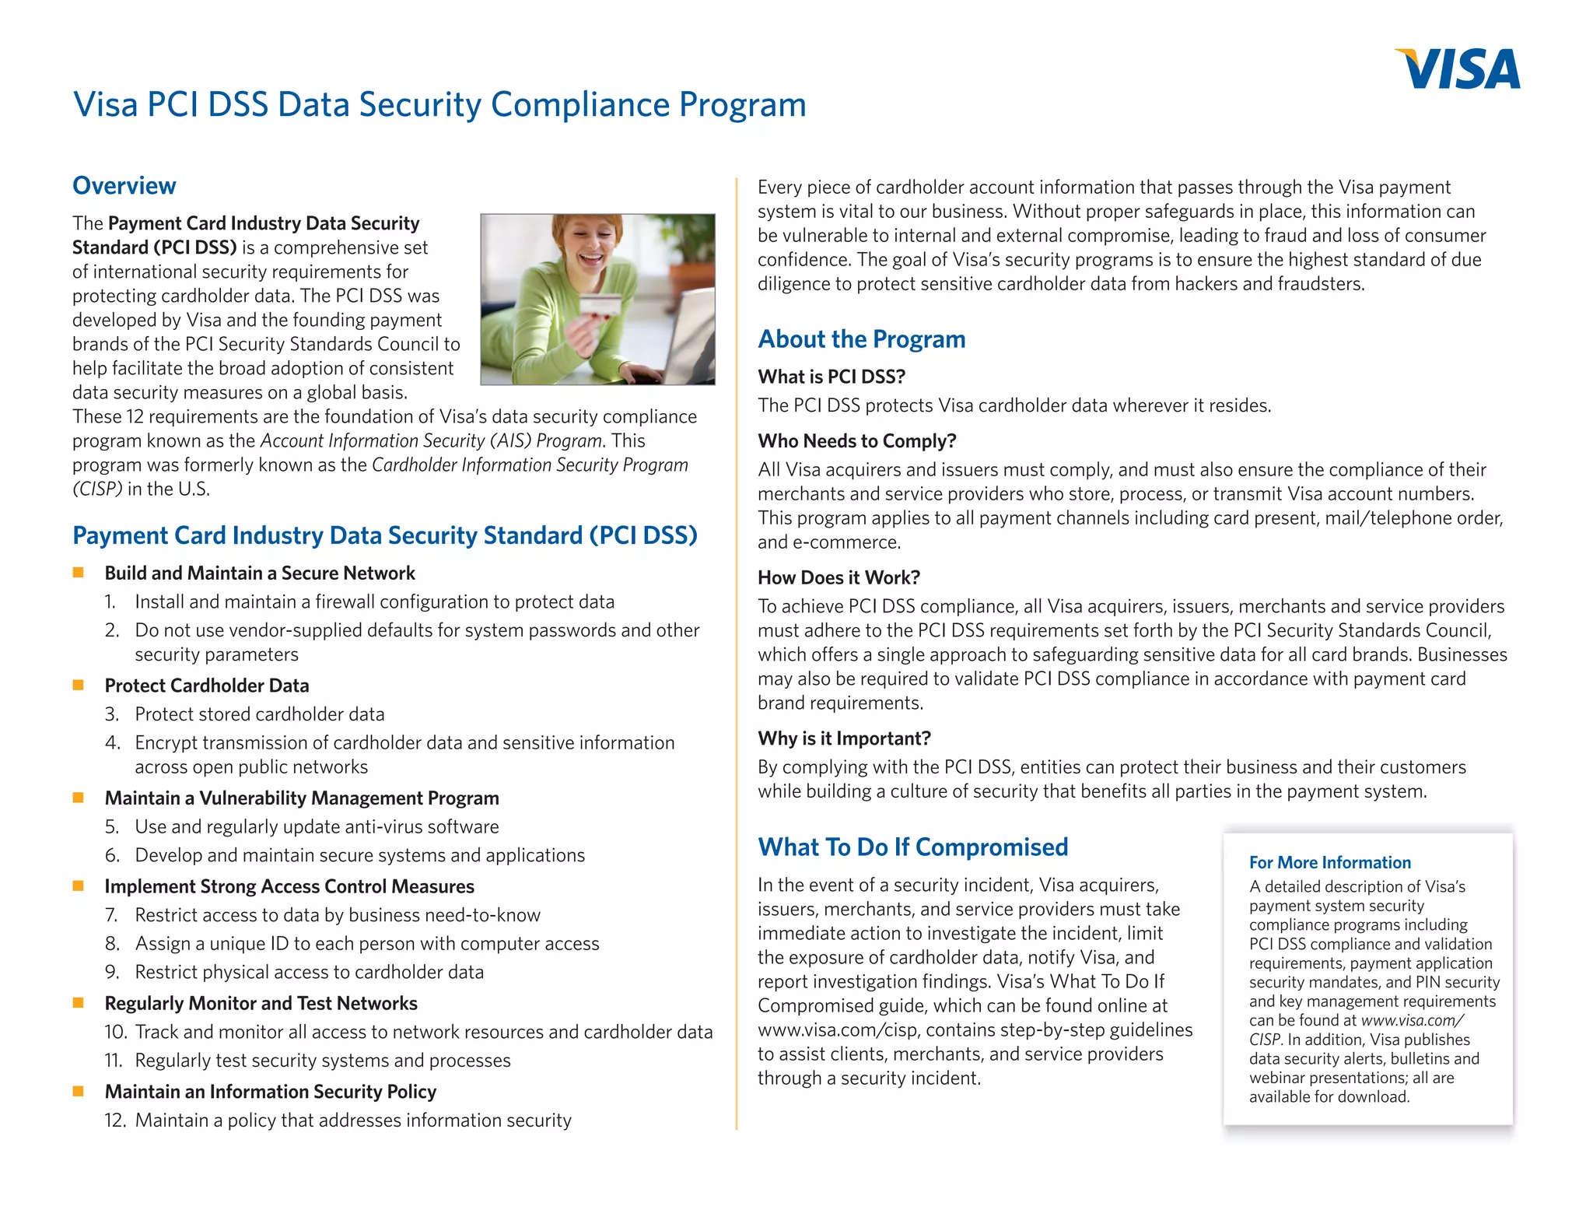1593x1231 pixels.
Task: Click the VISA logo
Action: pos(1458,68)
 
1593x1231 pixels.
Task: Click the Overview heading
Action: pos(124,186)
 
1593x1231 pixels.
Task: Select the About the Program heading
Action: pos(861,339)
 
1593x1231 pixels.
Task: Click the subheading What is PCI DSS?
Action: pos(831,377)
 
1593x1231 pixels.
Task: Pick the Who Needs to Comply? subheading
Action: pos(856,441)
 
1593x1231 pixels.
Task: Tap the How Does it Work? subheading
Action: pos(839,577)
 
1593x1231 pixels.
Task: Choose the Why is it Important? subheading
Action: pos(844,738)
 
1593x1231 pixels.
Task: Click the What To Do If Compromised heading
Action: pos(912,847)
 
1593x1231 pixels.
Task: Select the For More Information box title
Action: pos(1329,862)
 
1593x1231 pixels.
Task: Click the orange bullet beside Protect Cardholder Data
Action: pos(78,685)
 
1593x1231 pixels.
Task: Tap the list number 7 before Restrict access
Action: pos(111,915)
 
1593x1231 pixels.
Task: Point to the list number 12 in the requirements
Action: pos(114,1121)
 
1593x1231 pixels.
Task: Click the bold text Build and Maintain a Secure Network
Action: pos(260,573)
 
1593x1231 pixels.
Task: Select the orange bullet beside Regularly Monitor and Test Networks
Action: pos(78,1003)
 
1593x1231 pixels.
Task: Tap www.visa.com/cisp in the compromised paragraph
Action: pos(838,1030)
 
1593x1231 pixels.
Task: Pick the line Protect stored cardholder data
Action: pos(259,714)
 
